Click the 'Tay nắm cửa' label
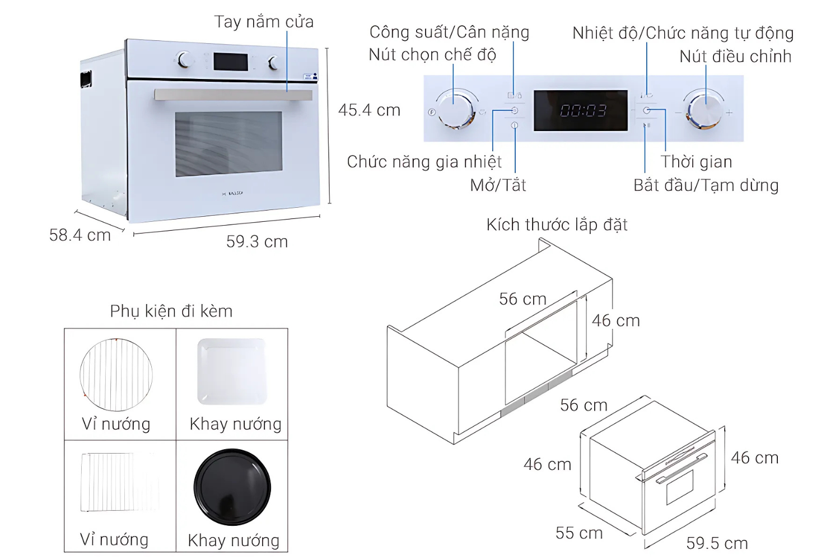click(x=264, y=22)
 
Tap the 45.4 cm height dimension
click(x=369, y=110)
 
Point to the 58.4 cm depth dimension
click(x=80, y=235)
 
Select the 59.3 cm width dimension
click(x=257, y=242)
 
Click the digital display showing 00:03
click(x=581, y=111)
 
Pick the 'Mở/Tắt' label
click(x=498, y=185)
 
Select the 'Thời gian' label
click(x=696, y=162)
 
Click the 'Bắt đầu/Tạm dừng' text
click(x=706, y=185)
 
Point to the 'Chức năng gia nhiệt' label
click(x=424, y=162)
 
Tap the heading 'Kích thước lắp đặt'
click(x=557, y=225)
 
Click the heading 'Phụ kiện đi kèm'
click(x=171, y=311)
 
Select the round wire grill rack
click(x=116, y=375)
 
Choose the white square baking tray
click(x=232, y=371)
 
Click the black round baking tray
click(x=232, y=487)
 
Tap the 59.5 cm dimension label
click(x=717, y=543)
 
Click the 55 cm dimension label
click(x=579, y=533)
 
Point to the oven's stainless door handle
click(x=233, y=95)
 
